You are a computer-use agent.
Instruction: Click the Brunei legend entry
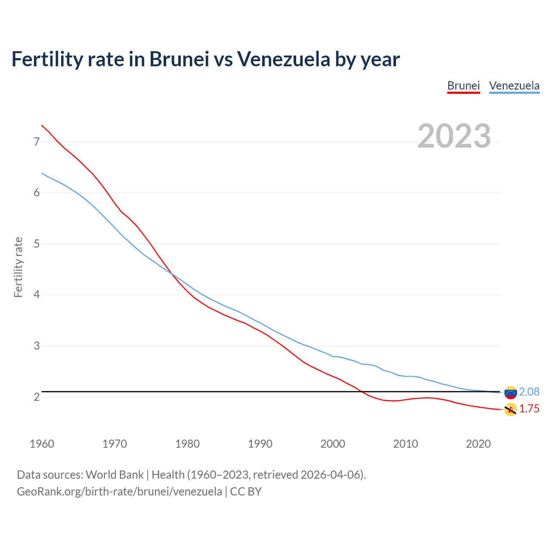(463, 86)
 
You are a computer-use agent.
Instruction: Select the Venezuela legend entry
(514, 86)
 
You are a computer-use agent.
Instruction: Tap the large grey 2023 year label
(454, 136)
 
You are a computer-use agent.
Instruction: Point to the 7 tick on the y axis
(37, 142)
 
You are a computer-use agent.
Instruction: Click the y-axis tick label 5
(37, 244)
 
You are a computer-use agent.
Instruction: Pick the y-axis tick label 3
(37, 346)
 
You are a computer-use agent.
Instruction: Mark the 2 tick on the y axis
(37, 397)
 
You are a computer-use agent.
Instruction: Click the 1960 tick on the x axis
(42, 444)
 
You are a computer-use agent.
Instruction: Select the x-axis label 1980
(187, 444)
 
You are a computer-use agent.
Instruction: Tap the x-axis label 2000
(333, 444)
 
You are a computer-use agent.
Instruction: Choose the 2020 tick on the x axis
(478, 444)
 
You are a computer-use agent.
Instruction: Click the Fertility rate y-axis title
(18, 267)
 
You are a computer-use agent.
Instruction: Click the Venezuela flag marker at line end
(510, 392)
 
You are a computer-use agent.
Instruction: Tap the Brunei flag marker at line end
(510, 410)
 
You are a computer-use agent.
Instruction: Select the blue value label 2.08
(529, 392)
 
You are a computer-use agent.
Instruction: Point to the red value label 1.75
(529, 409)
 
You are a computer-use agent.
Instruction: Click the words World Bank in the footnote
(115, 475)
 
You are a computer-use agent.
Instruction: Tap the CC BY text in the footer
(246, 492)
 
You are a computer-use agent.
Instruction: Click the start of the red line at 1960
(42, 126)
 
